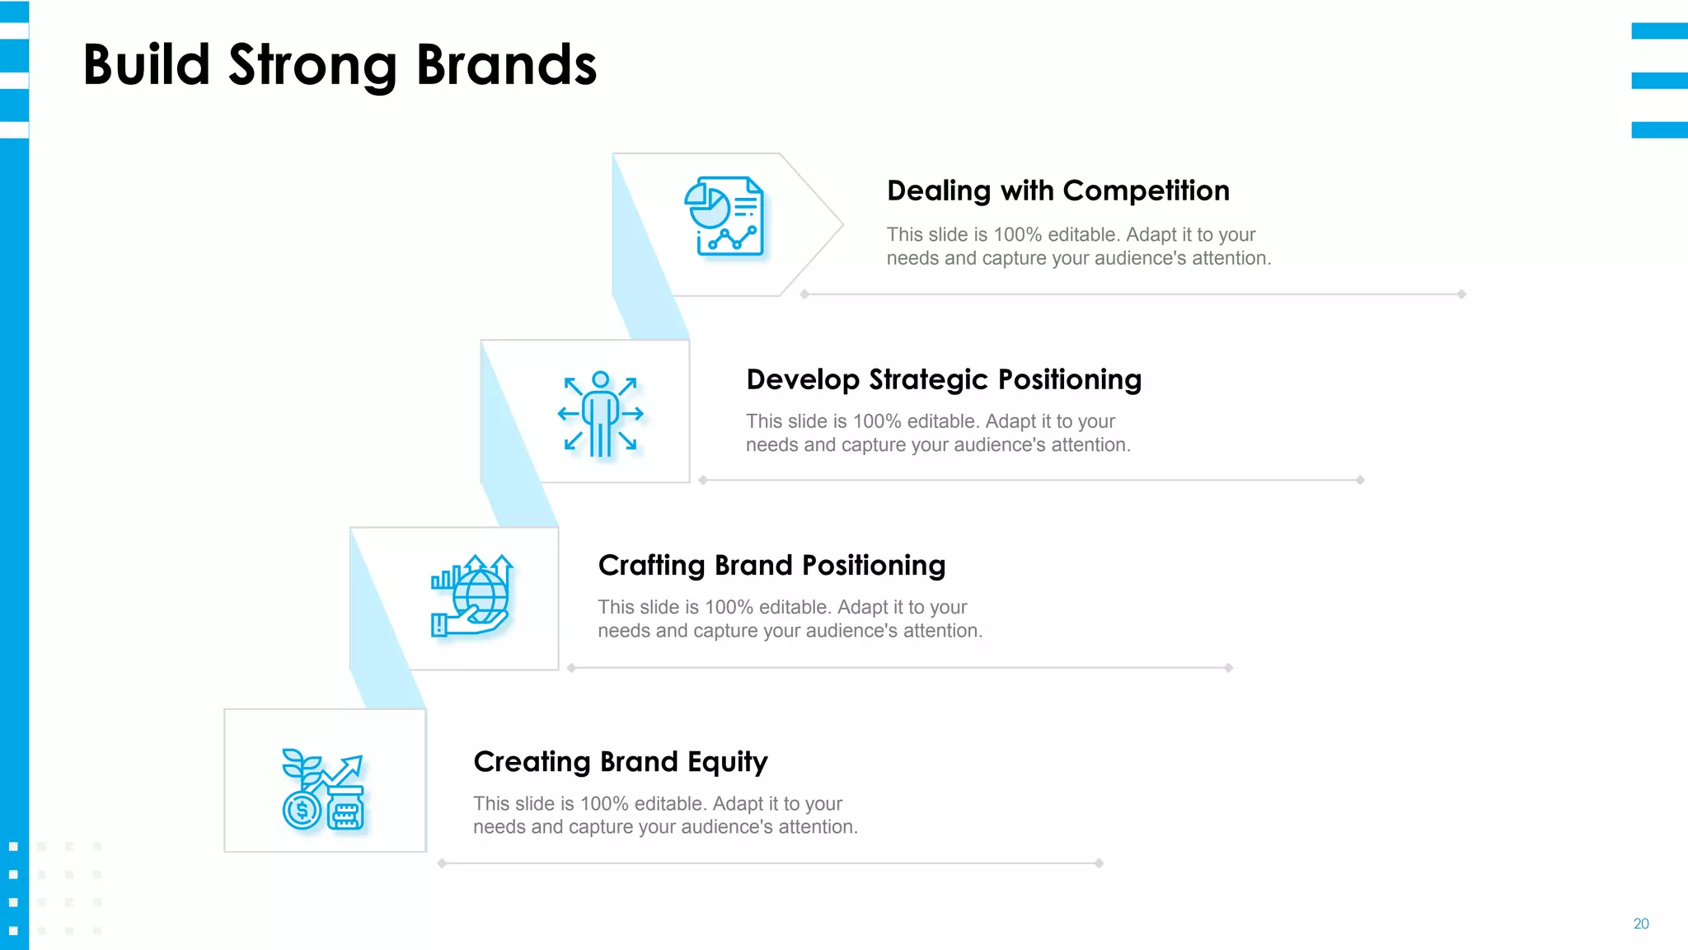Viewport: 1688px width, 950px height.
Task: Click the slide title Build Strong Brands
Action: [x=340, y=65]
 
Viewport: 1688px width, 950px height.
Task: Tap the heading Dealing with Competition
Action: [x=1057, y=190]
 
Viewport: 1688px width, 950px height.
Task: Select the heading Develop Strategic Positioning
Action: [x=943, y=379]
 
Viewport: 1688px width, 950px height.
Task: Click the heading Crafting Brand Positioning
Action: [x=771, y=566]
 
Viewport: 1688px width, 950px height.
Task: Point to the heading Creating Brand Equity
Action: [x=620, y=762]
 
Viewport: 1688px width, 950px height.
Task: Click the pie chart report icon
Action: [x=724, y=216]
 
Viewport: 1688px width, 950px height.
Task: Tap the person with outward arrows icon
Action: [x=601, y=414]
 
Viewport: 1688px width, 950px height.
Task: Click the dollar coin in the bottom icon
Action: [x=302, y=810]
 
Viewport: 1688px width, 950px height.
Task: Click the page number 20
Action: [x=1640, y=924]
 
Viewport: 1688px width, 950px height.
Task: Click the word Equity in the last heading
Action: [x=728, y=763]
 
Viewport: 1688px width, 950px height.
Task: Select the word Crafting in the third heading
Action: [x=651, y=566]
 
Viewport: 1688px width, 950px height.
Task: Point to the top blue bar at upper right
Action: [x=1659, y=31]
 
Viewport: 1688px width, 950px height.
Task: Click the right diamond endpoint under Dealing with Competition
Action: [x=1461, y=294]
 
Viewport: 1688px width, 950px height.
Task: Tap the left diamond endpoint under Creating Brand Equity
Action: [x=443, y=863]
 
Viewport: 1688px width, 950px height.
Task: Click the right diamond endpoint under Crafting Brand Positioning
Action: [x=1228, y=668]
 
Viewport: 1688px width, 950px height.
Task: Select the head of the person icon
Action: [x=601, y=380]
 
